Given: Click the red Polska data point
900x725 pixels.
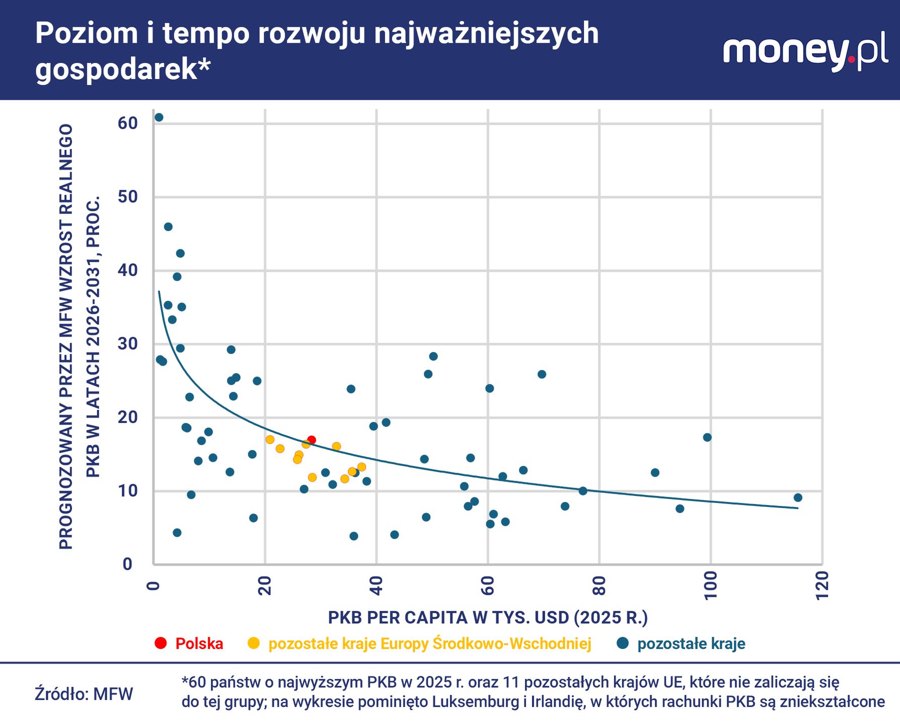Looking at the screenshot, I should point(312,440).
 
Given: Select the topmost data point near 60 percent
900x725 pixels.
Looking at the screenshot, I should point(159,117).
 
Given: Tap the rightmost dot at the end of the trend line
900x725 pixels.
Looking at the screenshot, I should point(798,497).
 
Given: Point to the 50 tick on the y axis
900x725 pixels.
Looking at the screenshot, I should point(128,197).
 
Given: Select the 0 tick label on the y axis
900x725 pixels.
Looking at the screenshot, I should point(128,564).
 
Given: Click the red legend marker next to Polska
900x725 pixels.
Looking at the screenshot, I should point(161,643).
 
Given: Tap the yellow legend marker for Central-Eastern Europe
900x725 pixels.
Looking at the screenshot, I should point(254,643).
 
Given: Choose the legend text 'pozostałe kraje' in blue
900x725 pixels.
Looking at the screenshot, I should point(691,643).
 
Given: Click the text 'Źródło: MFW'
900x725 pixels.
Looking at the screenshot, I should point(84,694).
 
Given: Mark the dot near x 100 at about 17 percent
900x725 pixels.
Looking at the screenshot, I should point(707,437).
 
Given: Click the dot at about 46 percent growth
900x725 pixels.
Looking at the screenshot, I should point(168,227).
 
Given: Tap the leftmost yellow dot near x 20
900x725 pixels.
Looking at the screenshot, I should point(270,440).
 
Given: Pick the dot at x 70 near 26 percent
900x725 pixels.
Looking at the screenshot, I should point(542,374).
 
